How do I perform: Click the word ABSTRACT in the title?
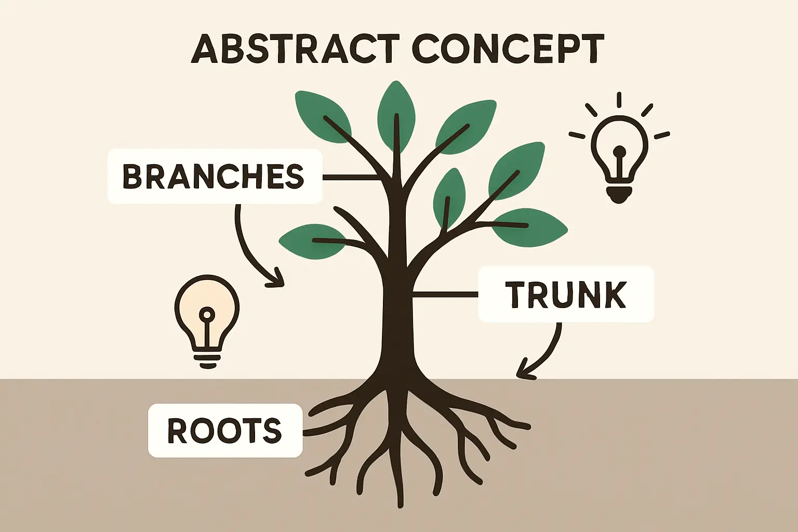point(295,49)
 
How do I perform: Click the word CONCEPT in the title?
point(508,49)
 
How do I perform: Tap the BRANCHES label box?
point(215,176)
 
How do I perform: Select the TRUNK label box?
point(566,294)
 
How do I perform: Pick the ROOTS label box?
point(225,431)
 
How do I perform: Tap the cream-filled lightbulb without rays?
point(207,317)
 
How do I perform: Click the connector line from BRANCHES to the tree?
point(351,177)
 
